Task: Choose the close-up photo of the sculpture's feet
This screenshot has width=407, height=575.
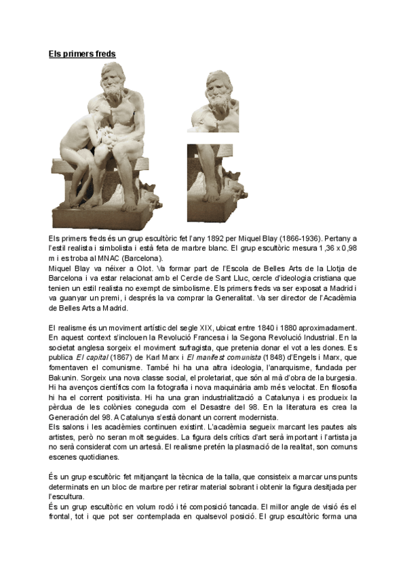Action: (x=213, y=183)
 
